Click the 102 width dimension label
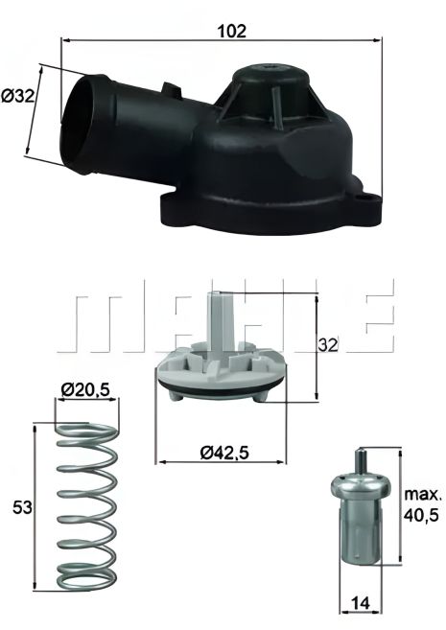coord(232,31)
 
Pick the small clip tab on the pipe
coord(174,91)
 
